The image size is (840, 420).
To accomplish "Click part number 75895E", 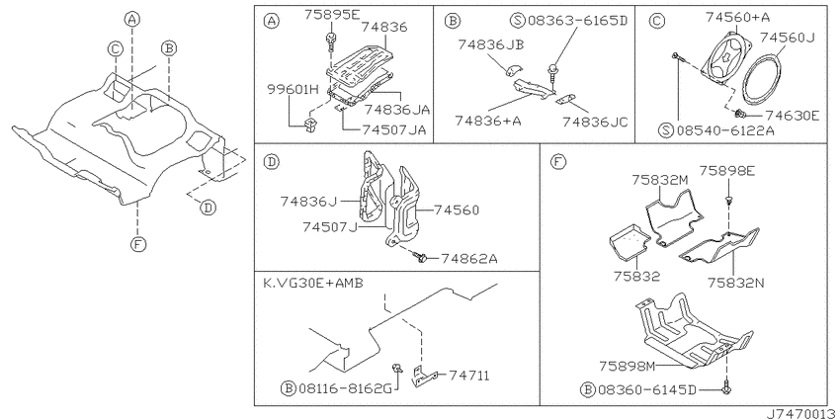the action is pos(332,15).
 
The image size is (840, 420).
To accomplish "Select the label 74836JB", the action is pos(490,45).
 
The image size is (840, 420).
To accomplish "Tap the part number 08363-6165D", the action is pos(576,22).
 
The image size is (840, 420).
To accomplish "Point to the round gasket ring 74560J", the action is pos(762,76).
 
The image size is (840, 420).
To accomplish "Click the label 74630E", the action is pos(792,115).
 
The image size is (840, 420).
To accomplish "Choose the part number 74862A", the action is pos(469,259).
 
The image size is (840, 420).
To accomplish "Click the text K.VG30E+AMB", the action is pos(313,283).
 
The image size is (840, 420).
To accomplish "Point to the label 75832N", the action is pos(735,283).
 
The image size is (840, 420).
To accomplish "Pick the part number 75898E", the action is pos(727,171).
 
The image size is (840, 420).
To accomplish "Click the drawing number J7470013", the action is pos(800,414).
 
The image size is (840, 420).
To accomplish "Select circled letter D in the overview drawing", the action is pos(209,207).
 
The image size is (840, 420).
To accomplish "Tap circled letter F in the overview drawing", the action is pos(137,245).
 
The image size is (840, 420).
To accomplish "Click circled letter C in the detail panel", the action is pos(657,21).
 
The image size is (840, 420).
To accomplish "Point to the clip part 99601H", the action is pos(310,125).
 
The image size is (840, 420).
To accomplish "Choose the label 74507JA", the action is pos(394,129).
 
